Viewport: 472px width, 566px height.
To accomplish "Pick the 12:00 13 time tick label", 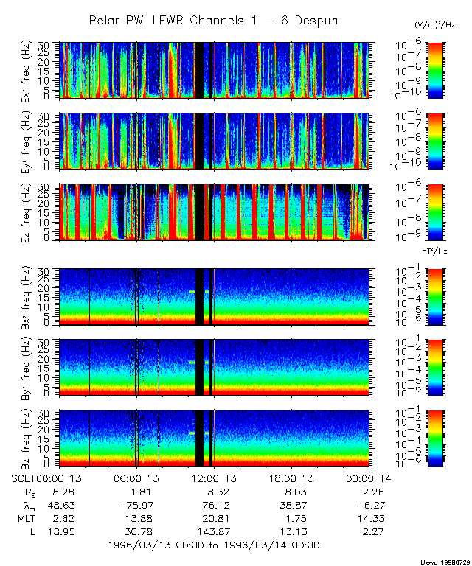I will [213, 479].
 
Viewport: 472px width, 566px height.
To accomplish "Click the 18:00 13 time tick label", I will [290, 479].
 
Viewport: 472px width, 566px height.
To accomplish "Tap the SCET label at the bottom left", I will [24, 479].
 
